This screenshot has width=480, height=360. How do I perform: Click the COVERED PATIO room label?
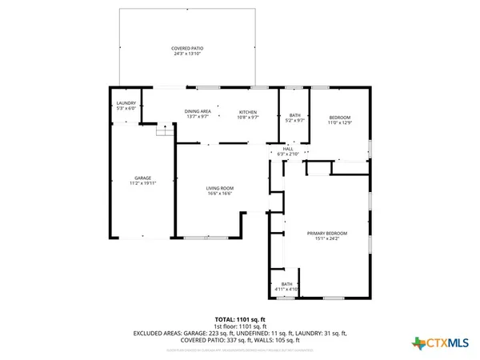pos(188,48)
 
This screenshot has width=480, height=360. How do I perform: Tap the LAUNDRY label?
pos(126,102)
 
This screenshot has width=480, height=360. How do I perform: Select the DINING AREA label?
pos(198,111)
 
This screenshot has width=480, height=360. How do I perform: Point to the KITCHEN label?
pos(247,111)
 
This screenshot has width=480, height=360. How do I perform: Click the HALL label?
pos(288,148)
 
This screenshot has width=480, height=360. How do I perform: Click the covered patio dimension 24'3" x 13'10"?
pos(188,53)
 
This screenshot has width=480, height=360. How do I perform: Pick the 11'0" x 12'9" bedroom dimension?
pos(340,122)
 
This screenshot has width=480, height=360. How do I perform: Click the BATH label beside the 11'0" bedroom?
pos(294,116)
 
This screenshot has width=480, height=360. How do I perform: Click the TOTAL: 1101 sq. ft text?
pos(240,318)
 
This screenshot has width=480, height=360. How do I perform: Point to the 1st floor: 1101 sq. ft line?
pos(240,325)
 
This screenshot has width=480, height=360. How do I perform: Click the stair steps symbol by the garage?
pos(163,130)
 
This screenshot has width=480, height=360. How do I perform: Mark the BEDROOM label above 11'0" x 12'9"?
pos(340,118)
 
